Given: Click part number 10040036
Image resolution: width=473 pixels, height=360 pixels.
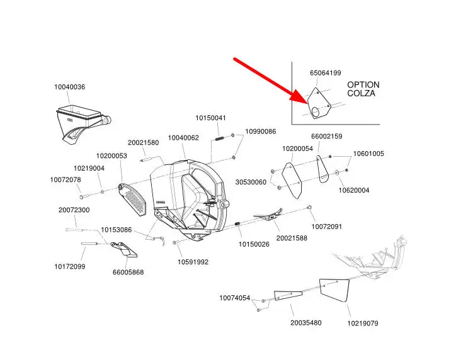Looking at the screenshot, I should (69, 87).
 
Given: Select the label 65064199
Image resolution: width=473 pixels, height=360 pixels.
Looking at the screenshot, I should (325, 73).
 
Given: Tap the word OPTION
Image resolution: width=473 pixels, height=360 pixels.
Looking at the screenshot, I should (363, 84).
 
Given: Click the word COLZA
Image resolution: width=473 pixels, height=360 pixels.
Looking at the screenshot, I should (362, 93).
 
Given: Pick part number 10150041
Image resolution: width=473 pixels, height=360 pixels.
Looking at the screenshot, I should (210, 118).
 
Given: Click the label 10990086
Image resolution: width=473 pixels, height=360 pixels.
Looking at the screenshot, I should (261, 132).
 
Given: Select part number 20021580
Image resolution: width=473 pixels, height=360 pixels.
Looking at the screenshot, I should (143, 142).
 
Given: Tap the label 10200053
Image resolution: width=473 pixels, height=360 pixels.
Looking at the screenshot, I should (111, 155).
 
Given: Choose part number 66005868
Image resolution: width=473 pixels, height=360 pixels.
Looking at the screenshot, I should (128, 272).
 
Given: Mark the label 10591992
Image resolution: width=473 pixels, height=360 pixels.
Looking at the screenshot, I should (193, 262).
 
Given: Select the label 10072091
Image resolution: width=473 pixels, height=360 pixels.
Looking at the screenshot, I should (327, 226).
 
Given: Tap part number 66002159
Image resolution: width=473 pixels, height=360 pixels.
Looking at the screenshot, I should (327, 137).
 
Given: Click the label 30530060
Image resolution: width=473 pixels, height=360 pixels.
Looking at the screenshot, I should (251, 182).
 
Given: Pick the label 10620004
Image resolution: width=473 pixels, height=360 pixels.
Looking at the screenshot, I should (354, 190).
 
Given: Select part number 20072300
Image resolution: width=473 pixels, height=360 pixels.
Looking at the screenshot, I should (74, 210).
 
